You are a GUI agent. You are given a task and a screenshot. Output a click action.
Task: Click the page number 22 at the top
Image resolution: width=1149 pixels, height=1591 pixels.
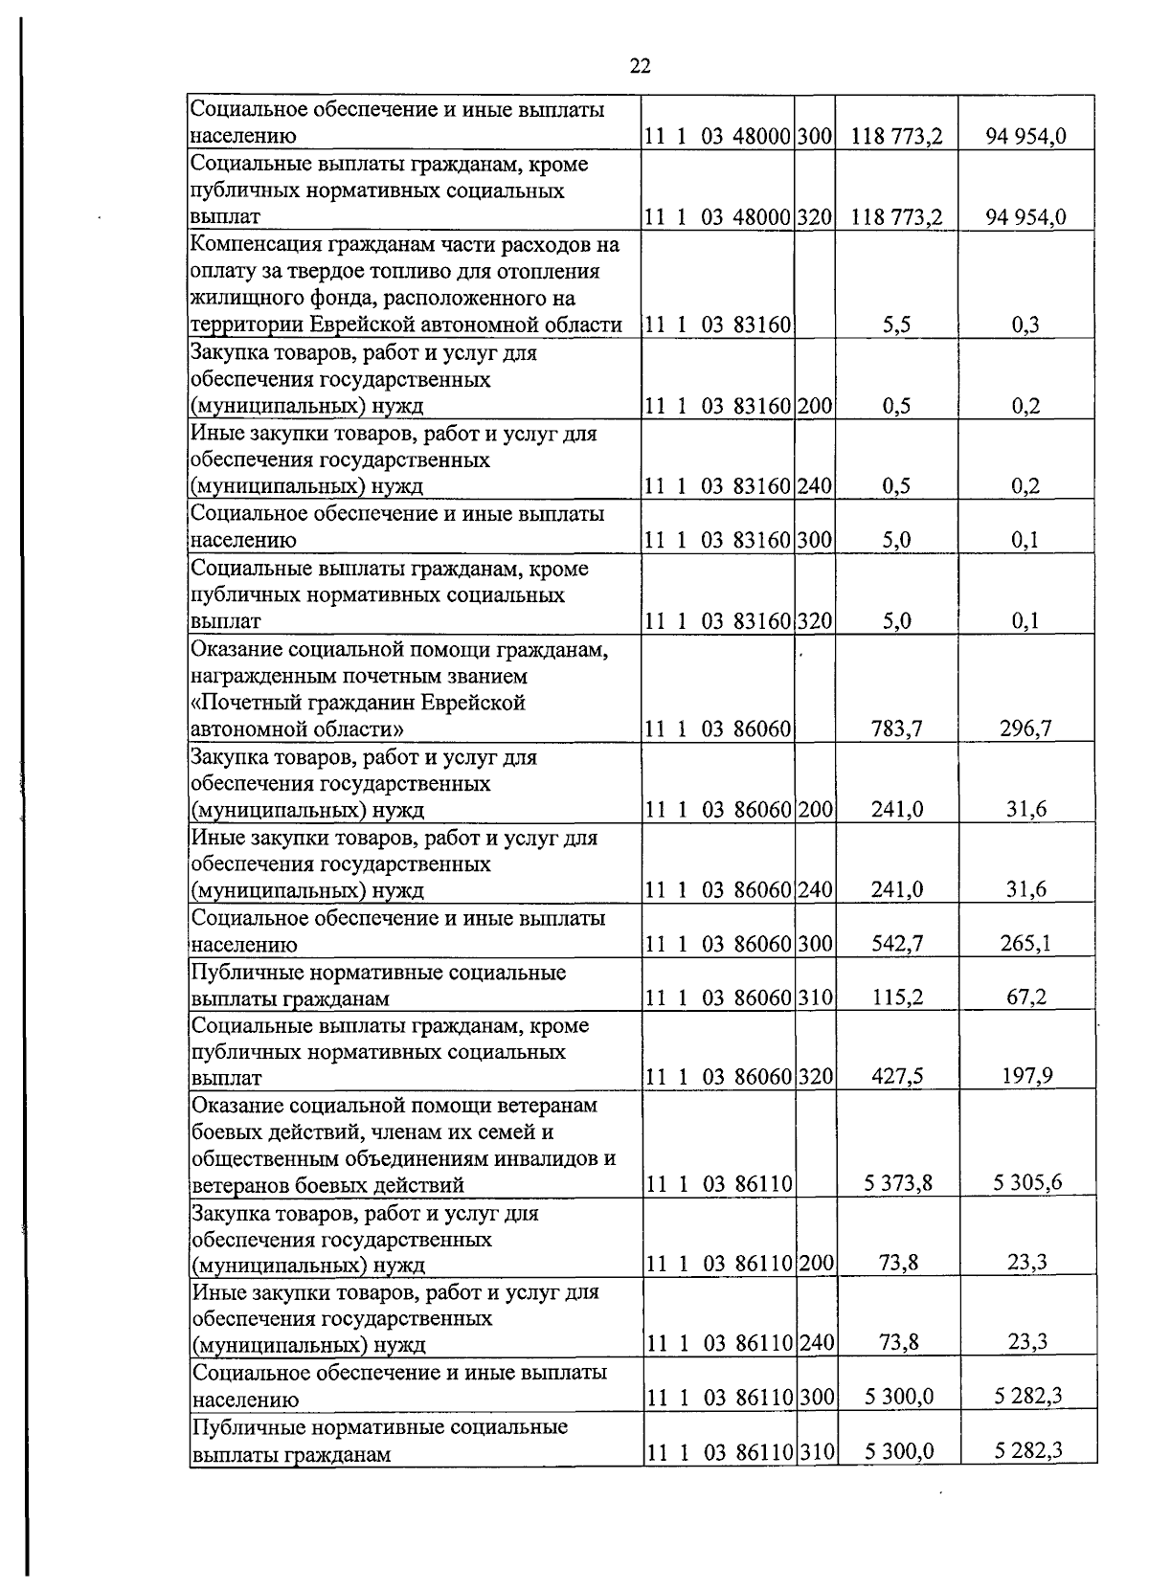click(x=641, y=65)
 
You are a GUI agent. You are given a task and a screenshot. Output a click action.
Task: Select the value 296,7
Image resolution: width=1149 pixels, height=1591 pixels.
click(x=1027, y=729)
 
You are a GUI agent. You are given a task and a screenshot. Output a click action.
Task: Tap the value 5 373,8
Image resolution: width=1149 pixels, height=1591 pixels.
click(x=897, y=1184)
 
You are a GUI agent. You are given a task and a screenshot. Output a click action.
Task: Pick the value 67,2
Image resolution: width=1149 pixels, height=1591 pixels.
click(x=1026, y=997)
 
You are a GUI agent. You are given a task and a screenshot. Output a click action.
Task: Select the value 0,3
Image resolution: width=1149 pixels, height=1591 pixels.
click(x=1026, y=325)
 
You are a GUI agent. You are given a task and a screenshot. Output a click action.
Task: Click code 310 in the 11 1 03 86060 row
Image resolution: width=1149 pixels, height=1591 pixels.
click(x=815, y=998)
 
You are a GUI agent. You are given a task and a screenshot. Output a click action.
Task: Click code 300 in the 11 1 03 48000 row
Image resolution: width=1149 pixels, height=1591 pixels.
click(x=815, y=137)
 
